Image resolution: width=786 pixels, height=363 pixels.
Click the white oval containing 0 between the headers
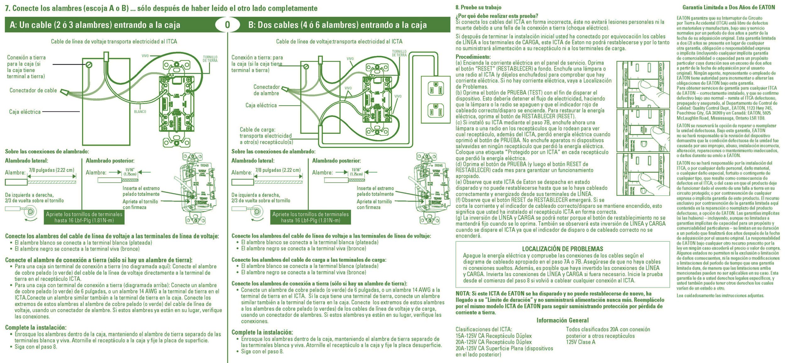tap(227, 25)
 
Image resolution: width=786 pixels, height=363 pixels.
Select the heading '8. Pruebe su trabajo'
tap(478, 7)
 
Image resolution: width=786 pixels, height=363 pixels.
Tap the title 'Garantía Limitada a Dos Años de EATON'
tap(728, 7)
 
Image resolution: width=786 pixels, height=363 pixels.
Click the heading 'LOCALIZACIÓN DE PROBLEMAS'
tap(562, 249)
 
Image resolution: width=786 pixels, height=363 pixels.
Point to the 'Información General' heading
tap(562, 320)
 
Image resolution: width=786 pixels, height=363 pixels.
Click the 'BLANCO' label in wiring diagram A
tap(140, 112)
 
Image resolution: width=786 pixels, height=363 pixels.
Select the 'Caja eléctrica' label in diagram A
tap(25, 112)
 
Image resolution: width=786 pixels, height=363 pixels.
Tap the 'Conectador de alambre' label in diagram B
tap(266, 90)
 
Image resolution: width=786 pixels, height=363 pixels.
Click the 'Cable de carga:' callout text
tap(257, 129)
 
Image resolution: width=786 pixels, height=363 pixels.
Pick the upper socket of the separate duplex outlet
tap(436, 88)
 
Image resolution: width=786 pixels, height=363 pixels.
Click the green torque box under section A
tap(84, 217)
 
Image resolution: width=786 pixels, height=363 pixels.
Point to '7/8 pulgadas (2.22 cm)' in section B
tap(278, 170)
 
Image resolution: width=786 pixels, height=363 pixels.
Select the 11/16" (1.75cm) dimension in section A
tap(130, 172)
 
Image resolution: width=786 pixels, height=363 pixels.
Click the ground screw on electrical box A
tap(89, 65)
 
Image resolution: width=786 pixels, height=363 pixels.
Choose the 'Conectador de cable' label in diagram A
tap(33, 90)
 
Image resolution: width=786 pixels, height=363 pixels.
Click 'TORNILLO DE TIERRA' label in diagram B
tap(399, 53)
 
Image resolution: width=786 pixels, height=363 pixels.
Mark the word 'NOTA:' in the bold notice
tap(463, 293)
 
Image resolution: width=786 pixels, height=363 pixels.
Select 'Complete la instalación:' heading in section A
tap(36, 327)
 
